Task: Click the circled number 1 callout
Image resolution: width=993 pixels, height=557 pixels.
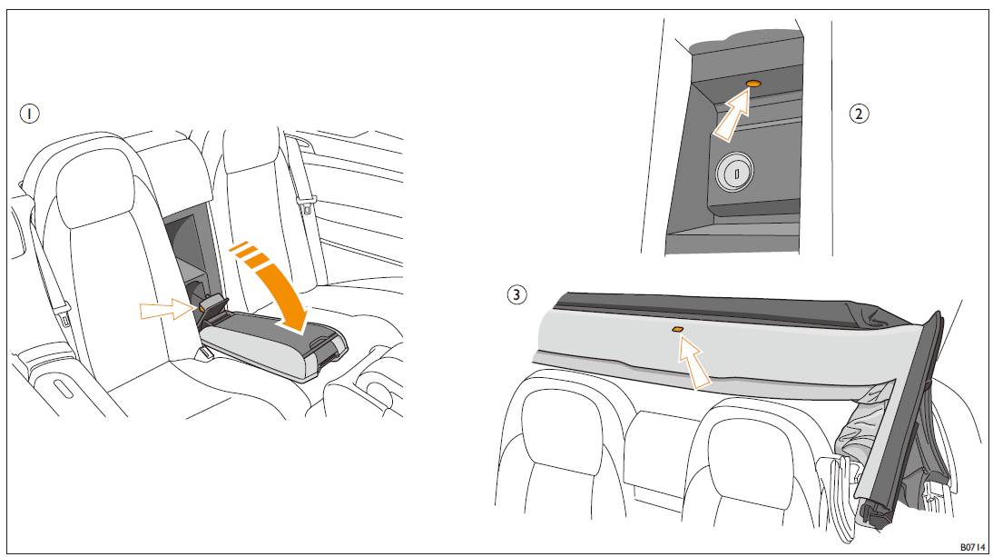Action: (29, 114)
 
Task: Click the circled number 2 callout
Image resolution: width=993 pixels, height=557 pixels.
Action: (859, 114)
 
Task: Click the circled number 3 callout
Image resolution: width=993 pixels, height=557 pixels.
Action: (516, 294)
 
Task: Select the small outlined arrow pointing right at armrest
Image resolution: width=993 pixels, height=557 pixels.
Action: (167, 310)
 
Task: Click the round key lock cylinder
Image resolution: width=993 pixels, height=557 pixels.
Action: (734, 172)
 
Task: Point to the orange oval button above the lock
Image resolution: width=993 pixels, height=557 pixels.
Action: (753, 84)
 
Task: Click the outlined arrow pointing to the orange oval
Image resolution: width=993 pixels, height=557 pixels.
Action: (732, 115)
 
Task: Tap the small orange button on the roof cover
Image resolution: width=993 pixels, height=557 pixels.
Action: (676, 330)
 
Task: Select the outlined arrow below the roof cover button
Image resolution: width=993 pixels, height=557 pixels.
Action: (693, 363)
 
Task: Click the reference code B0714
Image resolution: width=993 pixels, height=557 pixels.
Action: (972, 547)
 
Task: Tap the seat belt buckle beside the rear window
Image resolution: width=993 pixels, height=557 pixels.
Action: (307, 204)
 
